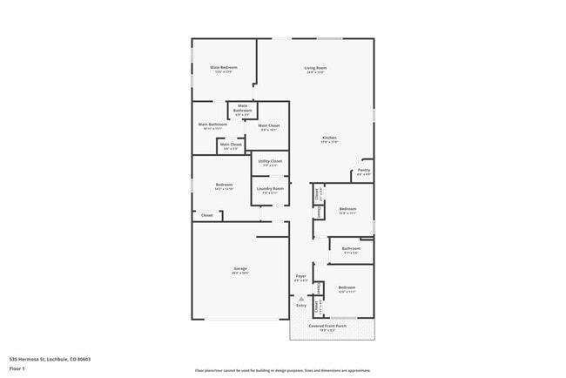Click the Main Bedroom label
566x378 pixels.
tap(224, 67)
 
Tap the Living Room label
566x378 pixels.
tap(315, 68)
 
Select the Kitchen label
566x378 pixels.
tap(329, 138)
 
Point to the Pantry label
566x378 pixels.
tap(364, 170)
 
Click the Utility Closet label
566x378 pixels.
tap(270, 161)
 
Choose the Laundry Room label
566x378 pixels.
tap(270, 188)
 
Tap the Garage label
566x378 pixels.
tap(239, 268)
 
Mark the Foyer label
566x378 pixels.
tap(301, 276)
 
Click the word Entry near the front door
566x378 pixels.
tap(301, 305)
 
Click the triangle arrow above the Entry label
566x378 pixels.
tap(301, 298)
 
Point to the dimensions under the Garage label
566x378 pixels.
tap(239, 273)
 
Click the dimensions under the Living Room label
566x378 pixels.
tap(315, 72)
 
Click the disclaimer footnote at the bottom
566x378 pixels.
tap(282, 370)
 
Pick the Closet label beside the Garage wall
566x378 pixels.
tap(207, 215)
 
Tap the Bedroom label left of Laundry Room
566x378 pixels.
tap(224, 185)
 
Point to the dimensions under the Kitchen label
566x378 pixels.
tap(329, 142)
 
